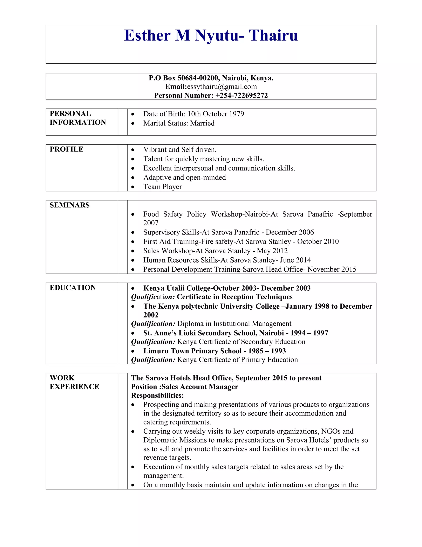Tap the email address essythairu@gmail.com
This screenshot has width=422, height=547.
(x=222, y=87)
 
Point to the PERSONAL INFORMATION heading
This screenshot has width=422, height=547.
(x=78, y=118)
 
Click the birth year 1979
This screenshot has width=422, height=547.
(x=237, y=114)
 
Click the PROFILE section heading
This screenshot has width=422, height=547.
(x=66, y=149)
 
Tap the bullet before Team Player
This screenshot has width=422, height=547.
(x=133, y=187)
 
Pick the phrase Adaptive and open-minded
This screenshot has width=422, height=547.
(x=184, y=178)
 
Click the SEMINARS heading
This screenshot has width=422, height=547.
(x=69, y=205)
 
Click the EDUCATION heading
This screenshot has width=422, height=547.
(x=73, y=288)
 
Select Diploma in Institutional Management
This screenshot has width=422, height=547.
(x=234, y=324)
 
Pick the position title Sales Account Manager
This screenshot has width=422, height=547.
(x=200, y=387)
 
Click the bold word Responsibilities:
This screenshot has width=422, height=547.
(x=157, y=395)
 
